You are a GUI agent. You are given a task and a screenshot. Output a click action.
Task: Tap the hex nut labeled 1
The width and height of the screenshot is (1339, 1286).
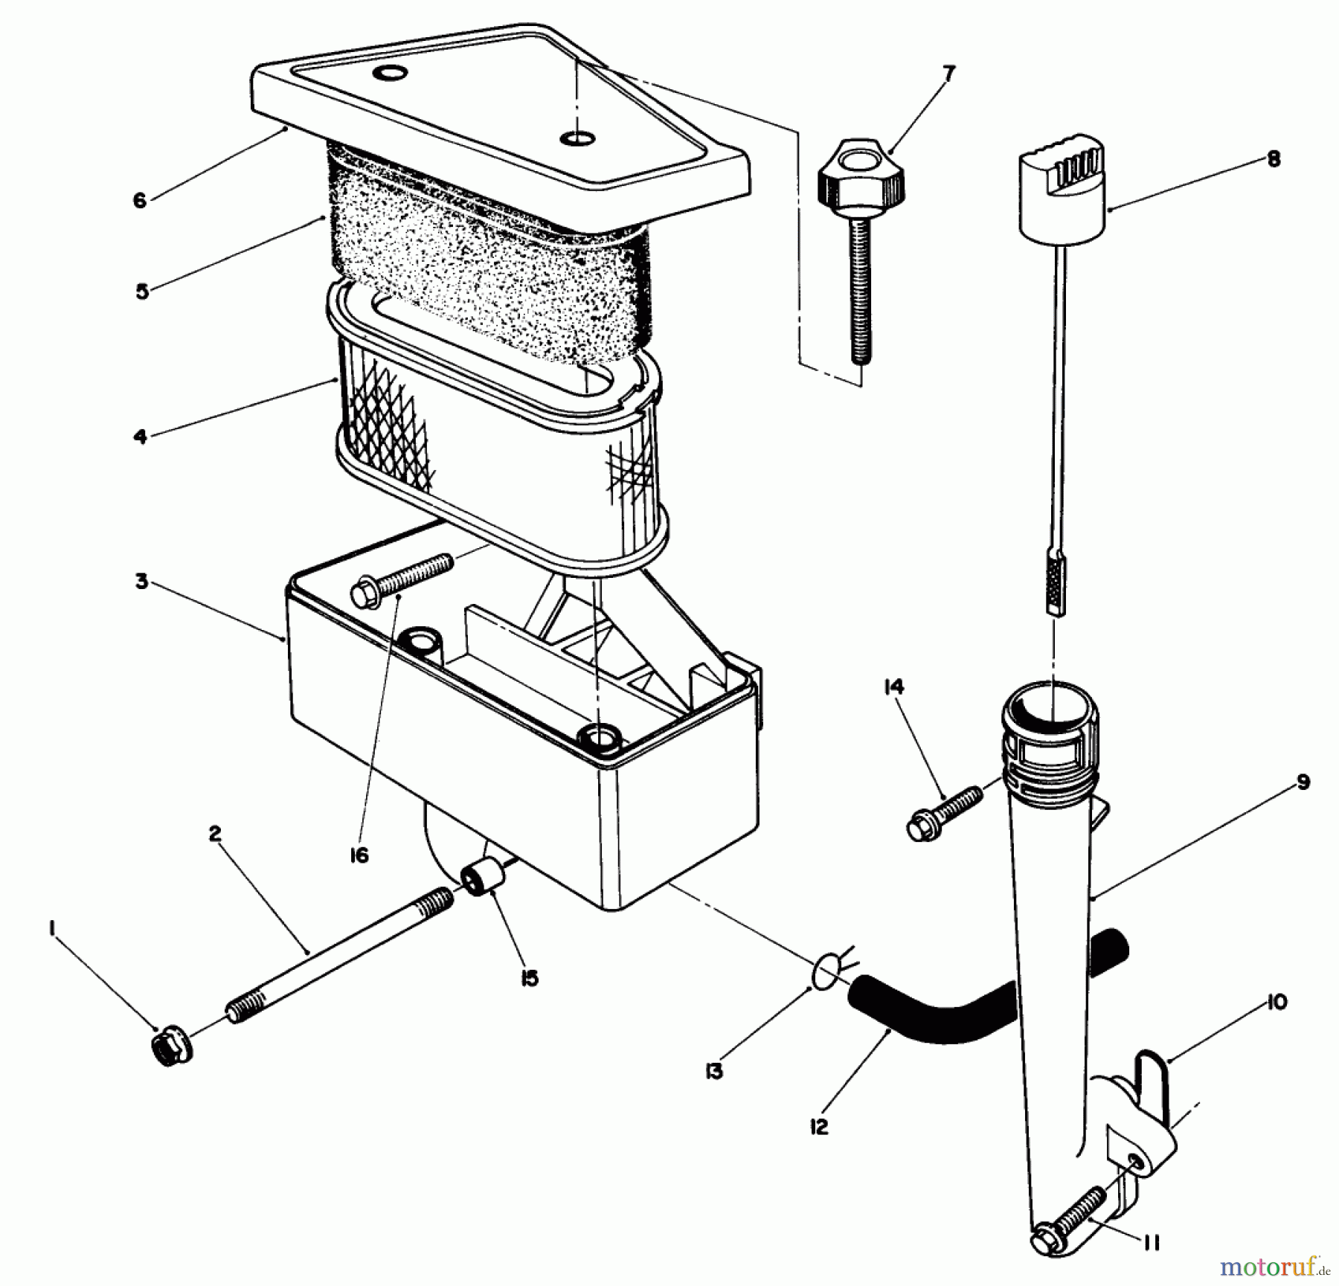pos(171,1049)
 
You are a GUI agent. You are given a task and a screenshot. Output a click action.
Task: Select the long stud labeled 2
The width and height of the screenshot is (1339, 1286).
pos(338,958)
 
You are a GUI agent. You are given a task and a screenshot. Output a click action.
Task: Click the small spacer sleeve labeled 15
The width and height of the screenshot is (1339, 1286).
pos(483,875)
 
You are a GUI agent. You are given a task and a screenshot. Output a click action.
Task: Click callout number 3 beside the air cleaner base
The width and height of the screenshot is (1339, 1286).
pos(141,581)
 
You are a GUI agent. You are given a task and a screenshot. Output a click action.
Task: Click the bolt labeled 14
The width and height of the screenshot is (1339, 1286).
pos(942,815)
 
